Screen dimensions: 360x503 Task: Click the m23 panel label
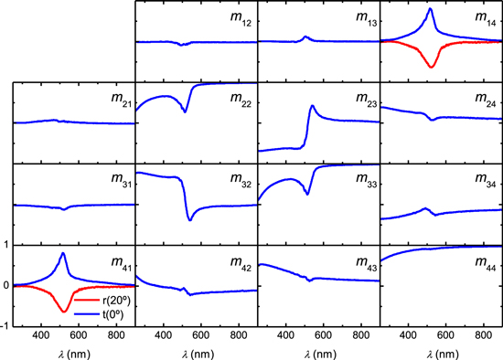tap(363, 101)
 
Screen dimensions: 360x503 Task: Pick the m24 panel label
tap(485, 101)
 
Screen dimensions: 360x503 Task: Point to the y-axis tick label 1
tap(7, 245)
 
